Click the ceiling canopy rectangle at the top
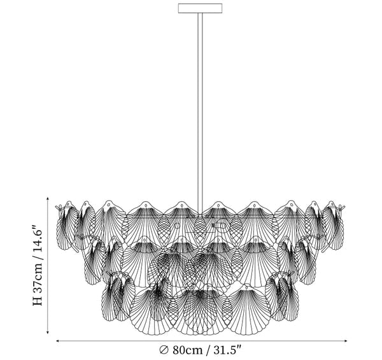[x=200, y=8]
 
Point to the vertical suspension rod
[x=200, y=113]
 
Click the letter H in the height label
[x=38, y=301]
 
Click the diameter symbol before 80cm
[x=164, y=350]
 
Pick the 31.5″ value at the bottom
[x=227, y=350]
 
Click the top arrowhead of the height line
[x=48, y=198]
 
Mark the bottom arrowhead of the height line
[x=48, y=333]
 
